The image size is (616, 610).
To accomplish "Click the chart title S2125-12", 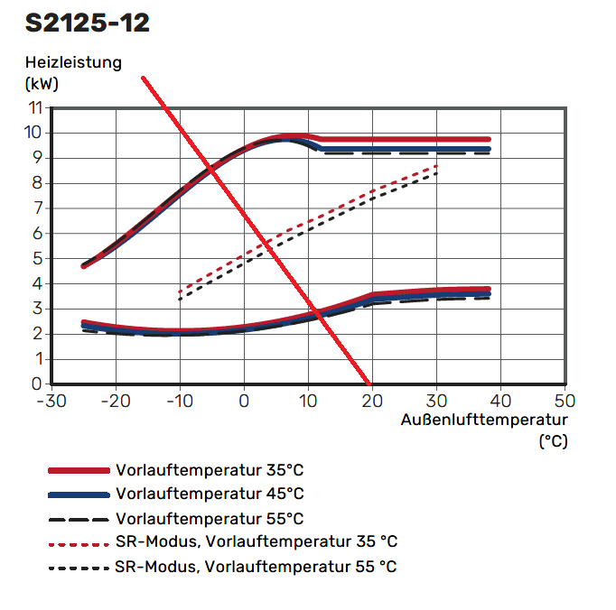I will click(88, 23).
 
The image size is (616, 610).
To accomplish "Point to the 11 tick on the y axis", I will click(35, 107).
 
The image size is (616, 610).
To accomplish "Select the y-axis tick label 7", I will click(37, 208).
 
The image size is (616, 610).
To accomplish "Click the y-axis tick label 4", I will click(37, 283).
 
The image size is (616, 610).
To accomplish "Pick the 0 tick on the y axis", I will click(37, 384).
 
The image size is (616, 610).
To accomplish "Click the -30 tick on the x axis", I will click(52, 400).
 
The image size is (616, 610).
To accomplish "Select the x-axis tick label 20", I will click(371, 400).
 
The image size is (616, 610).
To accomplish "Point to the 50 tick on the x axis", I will click(564, 400).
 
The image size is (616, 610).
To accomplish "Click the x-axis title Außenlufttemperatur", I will click(484, 421).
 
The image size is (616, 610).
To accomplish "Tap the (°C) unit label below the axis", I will click(553, 441).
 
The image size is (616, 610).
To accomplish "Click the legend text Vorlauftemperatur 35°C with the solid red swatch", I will click(210, 470).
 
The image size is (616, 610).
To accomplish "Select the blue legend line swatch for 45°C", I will click(79, 494).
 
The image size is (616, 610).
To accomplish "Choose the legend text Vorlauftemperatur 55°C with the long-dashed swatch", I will click(210, 519).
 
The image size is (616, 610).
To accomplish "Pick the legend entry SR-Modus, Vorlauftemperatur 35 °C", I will click(257, 542).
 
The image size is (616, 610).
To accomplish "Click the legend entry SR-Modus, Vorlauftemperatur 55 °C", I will click(257, 567).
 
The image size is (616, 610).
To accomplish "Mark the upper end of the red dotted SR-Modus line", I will click(437, 166).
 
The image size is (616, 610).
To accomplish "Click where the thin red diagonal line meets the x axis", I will click(371, 383).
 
